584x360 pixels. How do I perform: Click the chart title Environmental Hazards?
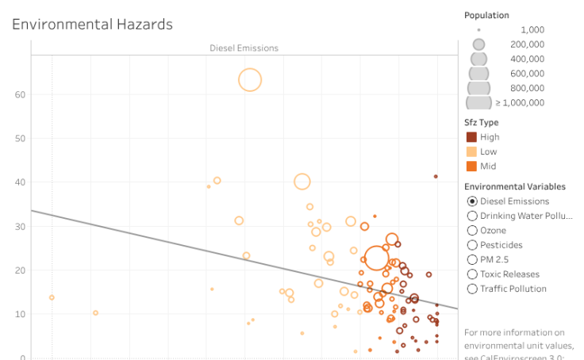pyautogui.click(x=92, y=25)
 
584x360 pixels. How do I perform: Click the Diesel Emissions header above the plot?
pyautogui.click(x=244, y=48)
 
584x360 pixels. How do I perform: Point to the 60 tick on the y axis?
pyautogui.click(x=20, y=94)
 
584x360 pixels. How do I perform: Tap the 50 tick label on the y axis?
pyautogui.click(x=20, y=138)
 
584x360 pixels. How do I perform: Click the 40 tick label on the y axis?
pyautogui.click(x=20, y=182)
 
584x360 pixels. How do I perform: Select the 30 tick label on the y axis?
pyautogui.click(x=20, y=226)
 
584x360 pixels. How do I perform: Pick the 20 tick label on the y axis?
pyautogui.click(x=20, y=270)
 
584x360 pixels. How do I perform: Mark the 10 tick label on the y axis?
pyautogui.click(x=20, y=314)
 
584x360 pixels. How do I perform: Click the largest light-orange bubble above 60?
pyautogui.click(x=250, y=79)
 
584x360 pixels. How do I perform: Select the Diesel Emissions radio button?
pyautogui.click(x=472, y=201)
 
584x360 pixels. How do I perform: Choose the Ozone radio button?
pyautogui.click(x=472, y=231)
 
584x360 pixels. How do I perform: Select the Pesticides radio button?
pyautogui.click(x=472, y=245)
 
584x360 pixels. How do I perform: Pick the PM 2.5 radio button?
pyautogui.click(x=472, y=259)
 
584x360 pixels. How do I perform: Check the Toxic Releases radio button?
pyautogui.click(x=472, y=274)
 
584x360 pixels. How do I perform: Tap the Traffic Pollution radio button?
pyautogui.click(x=472, y=289)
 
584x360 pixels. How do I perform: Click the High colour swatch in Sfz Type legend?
pyautogui.click(x=471, y=137)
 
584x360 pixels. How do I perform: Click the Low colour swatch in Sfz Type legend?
pyautogui.click(x=471, y=151)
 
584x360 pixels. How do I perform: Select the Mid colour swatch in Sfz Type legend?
pyautogui.click(x=471, y=166)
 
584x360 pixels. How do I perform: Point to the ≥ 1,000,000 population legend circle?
pyautogui.click(x=478, y=102)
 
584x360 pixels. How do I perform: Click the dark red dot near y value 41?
pyautogui.click(x=436, y=176)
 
